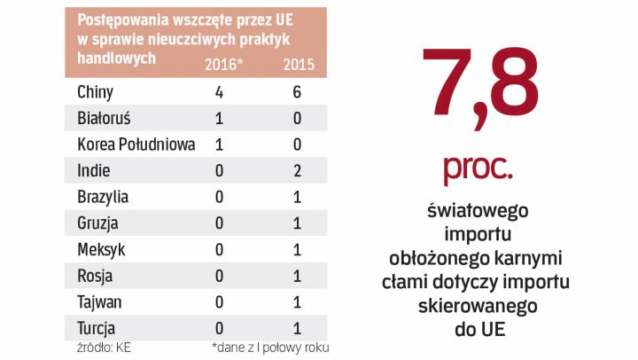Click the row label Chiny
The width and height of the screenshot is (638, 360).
coord(95,91)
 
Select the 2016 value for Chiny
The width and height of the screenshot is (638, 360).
coord(219,91)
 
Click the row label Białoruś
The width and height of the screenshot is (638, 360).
coord(104,118)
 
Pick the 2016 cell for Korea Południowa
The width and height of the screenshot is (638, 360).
coord(219,145)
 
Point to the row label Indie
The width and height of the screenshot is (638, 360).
coord(93,170)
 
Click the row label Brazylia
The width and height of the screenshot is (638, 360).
coord(103,197)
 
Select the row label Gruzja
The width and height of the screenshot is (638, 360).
coord(97,223)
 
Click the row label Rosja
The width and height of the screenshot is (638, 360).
coord(95,276)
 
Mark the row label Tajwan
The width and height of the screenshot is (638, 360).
coord(99,301)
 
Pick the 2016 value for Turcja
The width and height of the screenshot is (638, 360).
coord(219,328)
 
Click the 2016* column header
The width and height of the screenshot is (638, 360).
coord(222,66)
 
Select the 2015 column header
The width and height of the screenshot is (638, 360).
coord(299,66)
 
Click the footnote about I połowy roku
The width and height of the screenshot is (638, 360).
coord(269,347)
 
